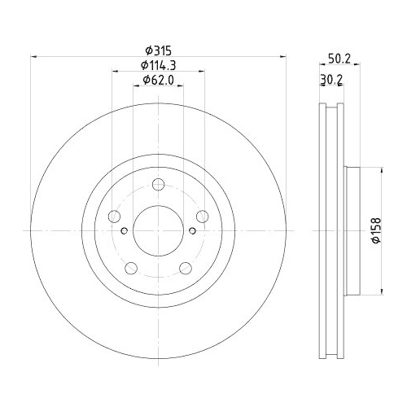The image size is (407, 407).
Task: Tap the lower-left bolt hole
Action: pyautogui.click(x=131, y=268)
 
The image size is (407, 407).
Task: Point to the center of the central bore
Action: pyautogui.click(x=158, y=231)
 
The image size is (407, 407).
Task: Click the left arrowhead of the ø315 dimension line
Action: pyautogui.click(x=33, y=56)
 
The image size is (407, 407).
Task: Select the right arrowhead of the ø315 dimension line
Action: pyautogui.click(x=285, y=56)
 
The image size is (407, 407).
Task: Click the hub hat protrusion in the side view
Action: pyautogui.click(x=354, y=231)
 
